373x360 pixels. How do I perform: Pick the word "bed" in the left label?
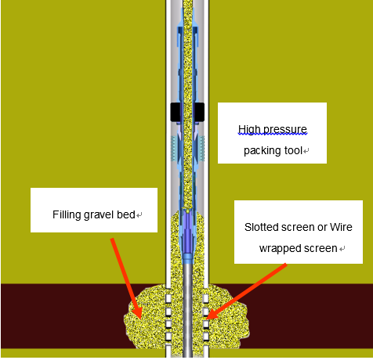(x=126, y=214)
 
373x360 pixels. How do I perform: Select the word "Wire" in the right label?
(x=341, y=227)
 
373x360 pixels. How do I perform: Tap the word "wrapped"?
(x=280, y=249)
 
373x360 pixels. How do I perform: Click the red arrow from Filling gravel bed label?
(x=126, y=279)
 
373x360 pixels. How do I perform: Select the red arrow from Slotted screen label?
(x=246, y=292)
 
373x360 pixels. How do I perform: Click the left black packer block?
(x=176, y=112)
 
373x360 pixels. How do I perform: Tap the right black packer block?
(x=199, y=112)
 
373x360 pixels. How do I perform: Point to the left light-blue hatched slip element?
(x=173, y=148)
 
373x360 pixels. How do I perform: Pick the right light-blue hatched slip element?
(x=202, y=148)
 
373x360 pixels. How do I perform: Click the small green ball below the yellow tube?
(x=187, y=211)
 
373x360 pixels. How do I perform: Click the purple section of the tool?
(x=187, y=232)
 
